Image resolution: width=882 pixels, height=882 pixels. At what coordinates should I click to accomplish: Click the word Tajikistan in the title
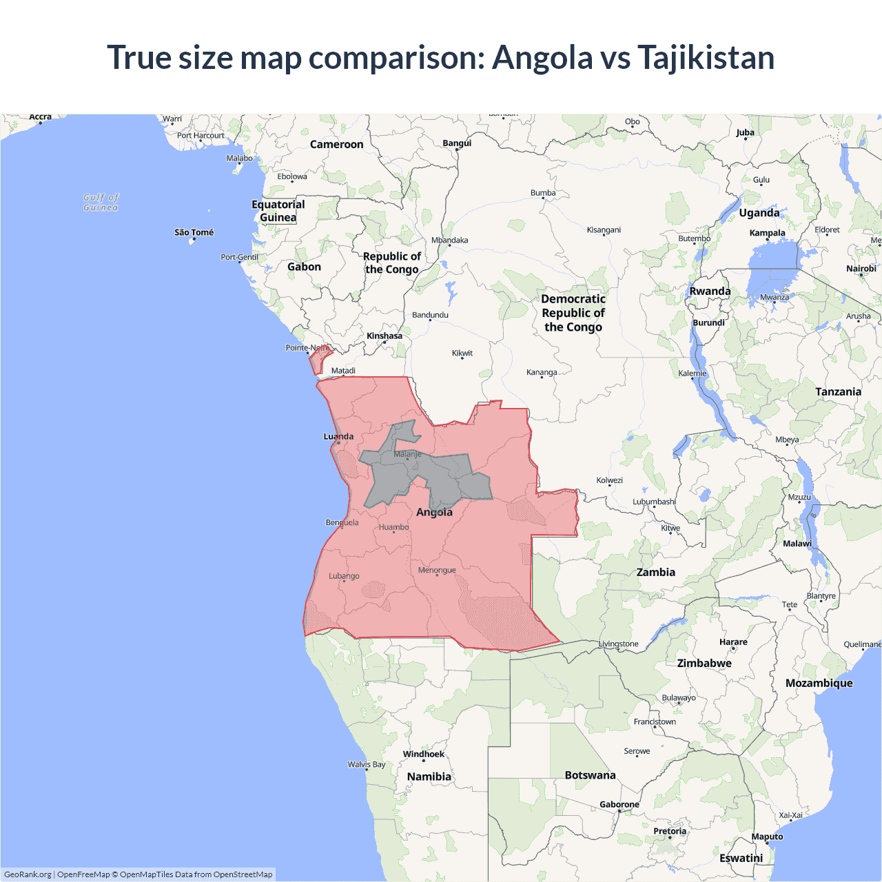[706, 57]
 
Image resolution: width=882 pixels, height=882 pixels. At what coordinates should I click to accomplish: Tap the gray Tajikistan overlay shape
[427, 475]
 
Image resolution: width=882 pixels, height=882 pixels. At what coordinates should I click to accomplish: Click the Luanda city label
[338, 436]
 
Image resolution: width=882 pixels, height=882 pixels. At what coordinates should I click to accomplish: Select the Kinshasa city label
[384, 336]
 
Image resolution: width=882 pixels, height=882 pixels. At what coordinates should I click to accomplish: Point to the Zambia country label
[655, 572]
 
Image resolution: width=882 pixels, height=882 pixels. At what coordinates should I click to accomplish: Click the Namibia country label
[429, 777]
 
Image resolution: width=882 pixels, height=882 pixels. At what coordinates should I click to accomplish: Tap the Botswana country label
[590, 775]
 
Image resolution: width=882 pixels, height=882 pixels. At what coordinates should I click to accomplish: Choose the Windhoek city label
[424, 754]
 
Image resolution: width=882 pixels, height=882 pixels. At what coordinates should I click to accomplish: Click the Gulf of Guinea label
[101, 202]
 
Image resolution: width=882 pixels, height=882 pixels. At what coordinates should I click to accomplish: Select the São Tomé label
[194, 232]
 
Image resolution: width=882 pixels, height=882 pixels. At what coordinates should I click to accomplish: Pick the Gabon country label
[304, 267]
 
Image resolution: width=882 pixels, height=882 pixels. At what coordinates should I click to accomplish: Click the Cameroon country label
[336, 144]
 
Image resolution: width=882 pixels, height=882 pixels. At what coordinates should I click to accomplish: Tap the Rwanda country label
[710, 291]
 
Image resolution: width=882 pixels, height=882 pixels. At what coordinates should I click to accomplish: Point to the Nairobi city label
[861, 269]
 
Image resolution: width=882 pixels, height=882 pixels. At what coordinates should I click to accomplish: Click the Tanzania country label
[838, 391]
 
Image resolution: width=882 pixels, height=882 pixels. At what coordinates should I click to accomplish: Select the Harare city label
[733, 642]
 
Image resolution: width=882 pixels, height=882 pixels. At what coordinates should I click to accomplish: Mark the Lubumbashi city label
[654, 502]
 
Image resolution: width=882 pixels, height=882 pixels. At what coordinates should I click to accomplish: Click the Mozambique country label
[819, 683]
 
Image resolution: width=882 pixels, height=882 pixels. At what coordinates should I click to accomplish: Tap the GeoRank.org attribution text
[28, 874]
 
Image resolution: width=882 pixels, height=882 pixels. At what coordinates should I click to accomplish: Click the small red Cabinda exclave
[318, 360]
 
